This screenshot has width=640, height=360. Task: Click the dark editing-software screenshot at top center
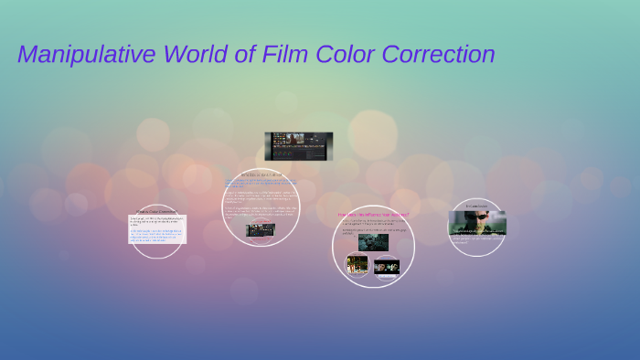coord(298,145)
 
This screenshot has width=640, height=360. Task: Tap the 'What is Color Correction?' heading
coord(156,210)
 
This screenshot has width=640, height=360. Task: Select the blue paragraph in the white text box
coord(156,236)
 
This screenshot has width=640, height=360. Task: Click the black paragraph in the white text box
coord(156,222)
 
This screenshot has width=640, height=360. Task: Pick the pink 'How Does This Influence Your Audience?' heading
coord(373,215)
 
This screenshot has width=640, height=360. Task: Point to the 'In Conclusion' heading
coord(476,206)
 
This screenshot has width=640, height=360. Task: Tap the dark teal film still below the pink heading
coord(373,242)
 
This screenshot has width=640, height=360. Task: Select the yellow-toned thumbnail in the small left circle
coord(357,264)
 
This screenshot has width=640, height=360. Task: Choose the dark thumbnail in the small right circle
coord(387,267)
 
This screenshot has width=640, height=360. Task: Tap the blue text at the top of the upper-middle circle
coord(260,183)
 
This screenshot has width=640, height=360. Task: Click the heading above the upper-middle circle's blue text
coord(260,174)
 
